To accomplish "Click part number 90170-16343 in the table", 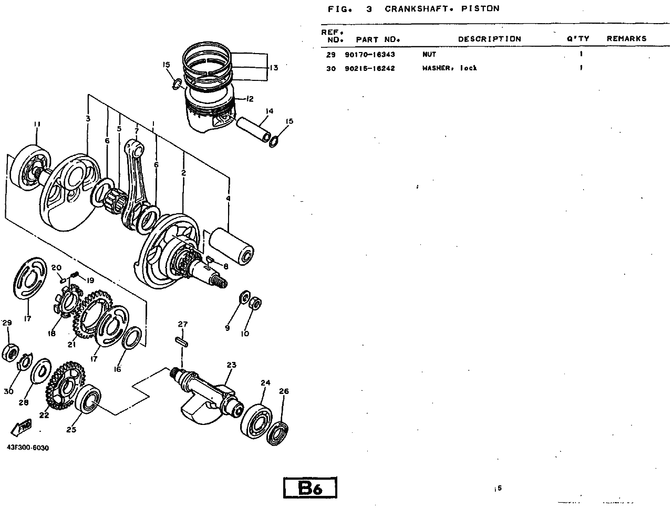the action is click(370, 55).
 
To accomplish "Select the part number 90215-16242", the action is click(370, 68).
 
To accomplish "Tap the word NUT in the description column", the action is click(429, 55).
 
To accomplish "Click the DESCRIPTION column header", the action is click(490, 39).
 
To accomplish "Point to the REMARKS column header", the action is click(627, 38).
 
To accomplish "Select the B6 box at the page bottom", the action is click(310, 488).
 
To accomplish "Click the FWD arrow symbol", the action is click(22, 427).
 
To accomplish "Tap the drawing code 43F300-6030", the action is click(28, 448).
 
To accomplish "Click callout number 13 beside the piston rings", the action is click(274, 68).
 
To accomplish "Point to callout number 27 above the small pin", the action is click(183, 324).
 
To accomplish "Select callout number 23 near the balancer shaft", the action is click(232, 365).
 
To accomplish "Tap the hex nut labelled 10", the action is click(255, 303).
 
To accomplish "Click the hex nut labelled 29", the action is click(10, 353).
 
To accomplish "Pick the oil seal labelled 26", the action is click(277, 433).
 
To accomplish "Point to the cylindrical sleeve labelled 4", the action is click(231, 246).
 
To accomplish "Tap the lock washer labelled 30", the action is click(25, 361).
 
